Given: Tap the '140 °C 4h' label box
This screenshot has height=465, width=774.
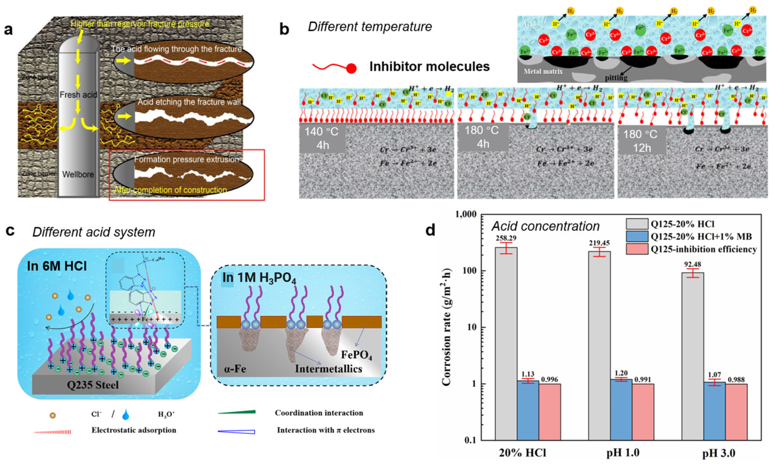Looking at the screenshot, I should (x=322, y=138).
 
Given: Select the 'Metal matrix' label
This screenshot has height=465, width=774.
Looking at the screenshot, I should (x=543, y=71).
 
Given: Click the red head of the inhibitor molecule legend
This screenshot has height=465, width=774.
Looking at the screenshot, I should (x=351, y=68).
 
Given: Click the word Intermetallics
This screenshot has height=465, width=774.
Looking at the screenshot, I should (x=328, y=368).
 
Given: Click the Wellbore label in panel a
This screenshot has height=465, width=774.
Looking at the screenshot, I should (x=78, y=174).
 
